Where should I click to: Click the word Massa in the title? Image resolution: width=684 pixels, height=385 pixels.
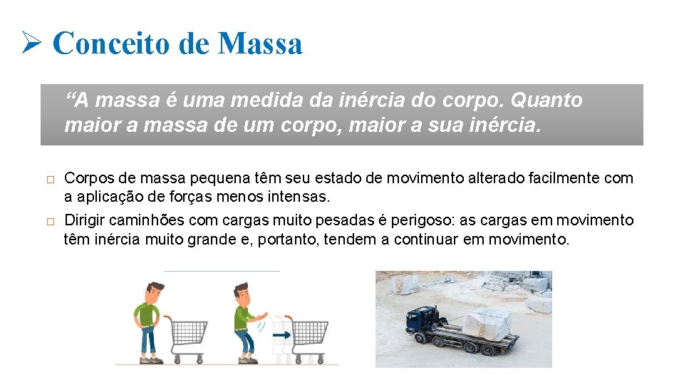coord(261,43)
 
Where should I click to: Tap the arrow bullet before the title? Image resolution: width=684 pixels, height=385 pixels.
coord(33,43)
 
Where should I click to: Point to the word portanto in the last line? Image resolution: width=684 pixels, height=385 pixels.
coord(287,239)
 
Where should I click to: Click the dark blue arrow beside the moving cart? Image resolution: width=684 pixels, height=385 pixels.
coord(283,334)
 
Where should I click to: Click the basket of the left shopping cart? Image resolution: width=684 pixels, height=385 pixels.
coord(189,331)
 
